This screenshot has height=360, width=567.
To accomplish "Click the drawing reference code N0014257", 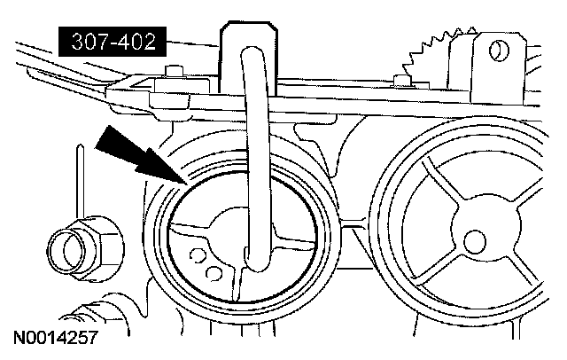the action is pos(55,338).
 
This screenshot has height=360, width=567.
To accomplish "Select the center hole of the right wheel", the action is pos(477,238).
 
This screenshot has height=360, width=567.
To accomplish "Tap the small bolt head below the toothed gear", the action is pos(406,82).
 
